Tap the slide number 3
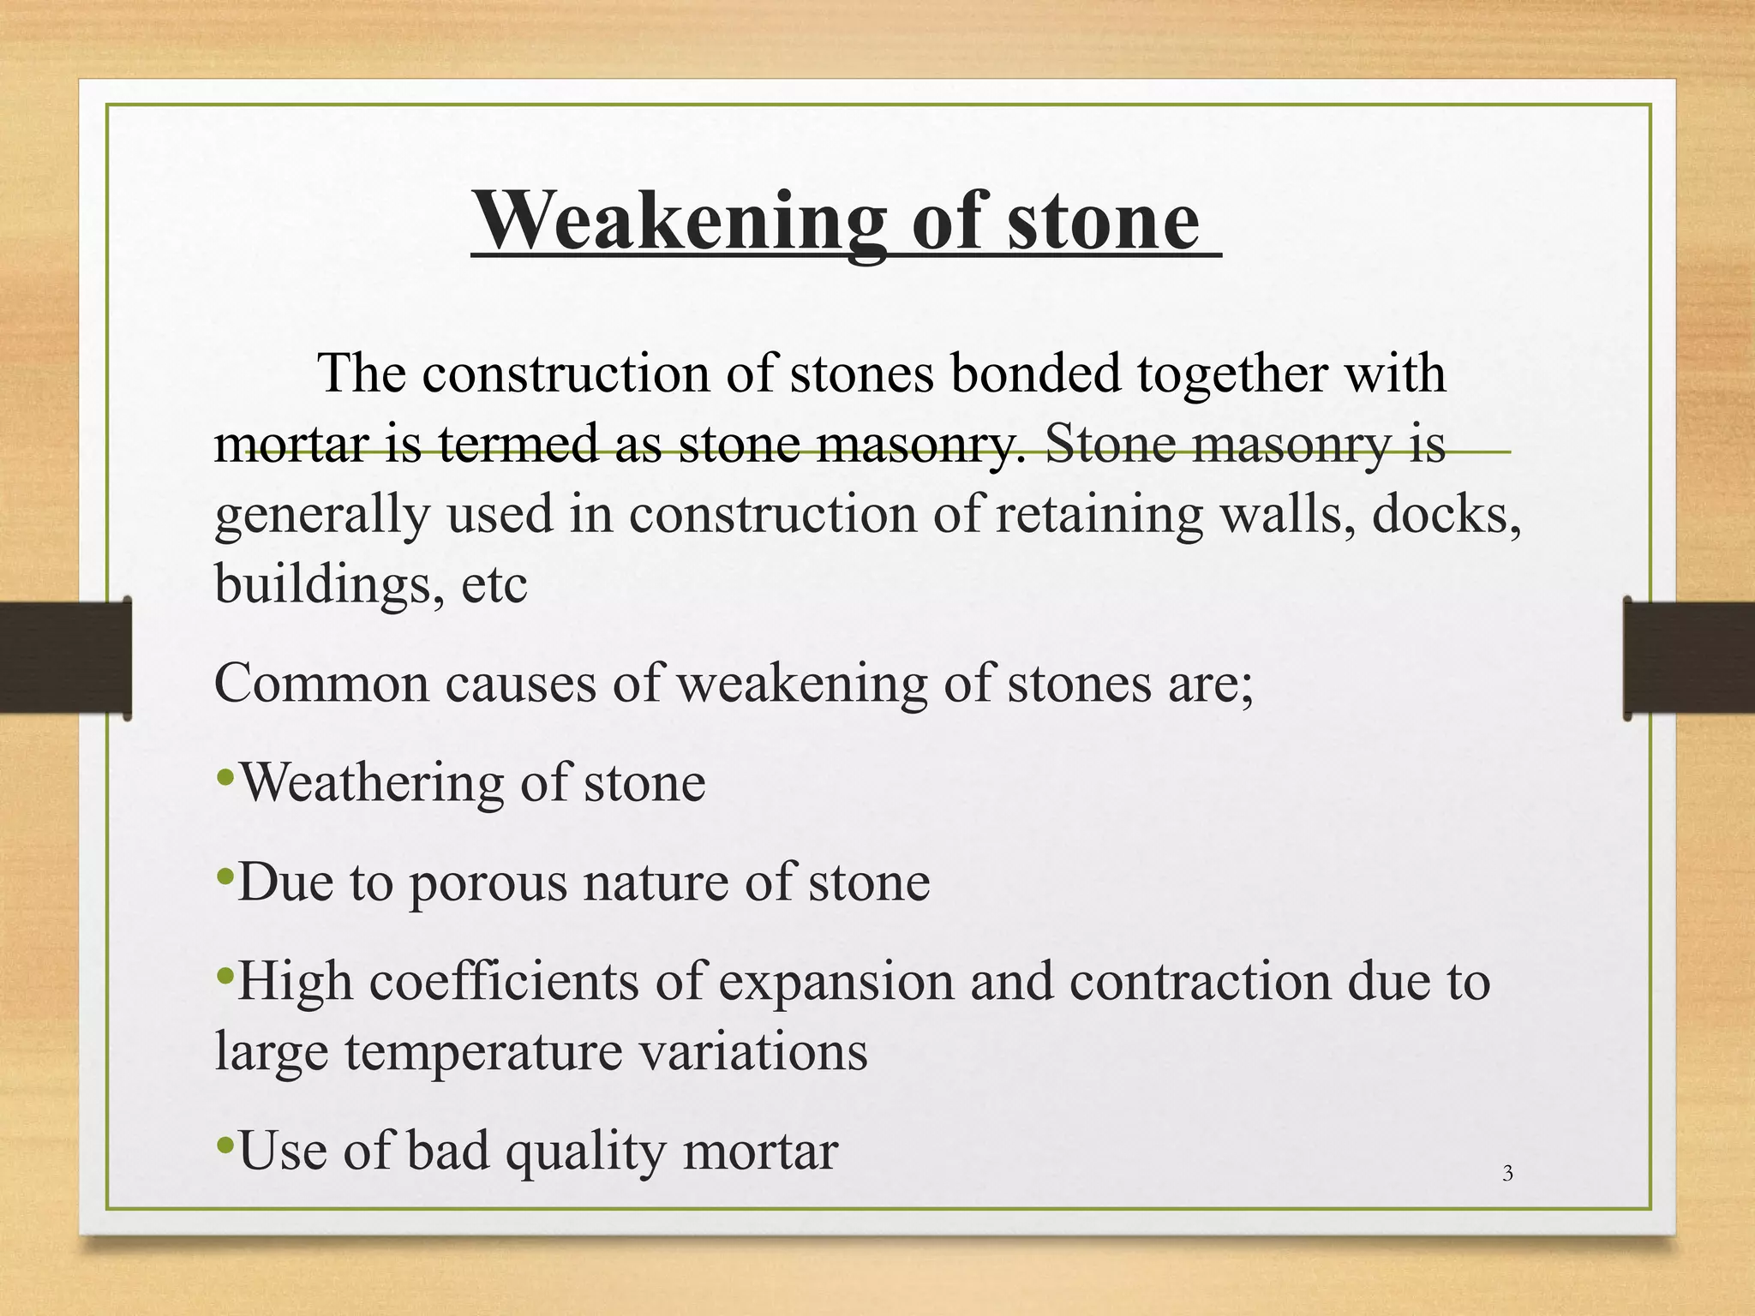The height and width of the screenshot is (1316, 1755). (x=1507, y=1174)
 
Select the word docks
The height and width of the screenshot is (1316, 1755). (x=1446, y=516)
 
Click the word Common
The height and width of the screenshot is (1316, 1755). (x=320, y=685)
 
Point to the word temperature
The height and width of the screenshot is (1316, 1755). (x=483, y=1052)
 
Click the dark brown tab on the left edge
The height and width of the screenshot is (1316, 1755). (x=65, y=657)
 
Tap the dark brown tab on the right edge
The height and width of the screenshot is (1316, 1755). (x=1688, y=657)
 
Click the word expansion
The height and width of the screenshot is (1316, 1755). (x=836, y=983)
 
